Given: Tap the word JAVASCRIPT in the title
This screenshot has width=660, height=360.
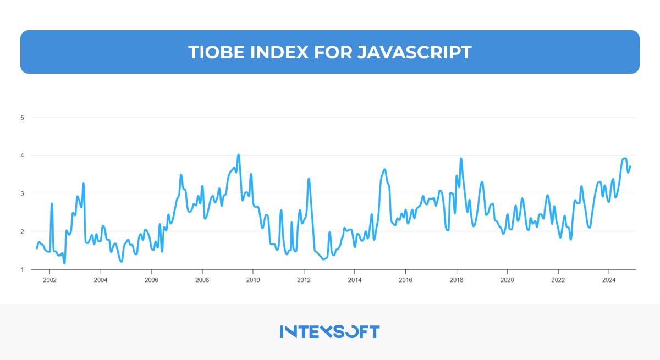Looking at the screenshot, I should pos(414,52).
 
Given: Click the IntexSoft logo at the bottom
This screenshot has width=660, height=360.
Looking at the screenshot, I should pos(329,331).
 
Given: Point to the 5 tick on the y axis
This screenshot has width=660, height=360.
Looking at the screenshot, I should pos(22,118).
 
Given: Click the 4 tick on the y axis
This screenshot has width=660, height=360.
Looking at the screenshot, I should pos(22,156).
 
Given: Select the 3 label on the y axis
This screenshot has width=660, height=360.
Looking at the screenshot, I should pos(22,193).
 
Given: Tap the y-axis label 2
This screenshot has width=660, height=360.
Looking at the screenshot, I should pos(22,231).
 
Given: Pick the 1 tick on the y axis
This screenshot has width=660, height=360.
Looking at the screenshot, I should pos(22,269).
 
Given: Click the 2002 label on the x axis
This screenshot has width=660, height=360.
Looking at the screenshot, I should pos(50,279).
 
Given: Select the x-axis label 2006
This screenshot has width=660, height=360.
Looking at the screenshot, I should pos(151,279).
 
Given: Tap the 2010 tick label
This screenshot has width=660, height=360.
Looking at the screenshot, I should pos(253,279).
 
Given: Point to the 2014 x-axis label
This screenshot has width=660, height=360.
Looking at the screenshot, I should pos(355,279).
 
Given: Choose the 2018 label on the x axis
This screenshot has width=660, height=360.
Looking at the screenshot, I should pos(457,279).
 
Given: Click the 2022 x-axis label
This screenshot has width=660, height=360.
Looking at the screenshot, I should pos(558,279).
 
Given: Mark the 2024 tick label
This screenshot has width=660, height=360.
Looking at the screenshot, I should pos(609,279).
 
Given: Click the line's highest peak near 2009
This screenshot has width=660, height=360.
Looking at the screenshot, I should pos(238,155).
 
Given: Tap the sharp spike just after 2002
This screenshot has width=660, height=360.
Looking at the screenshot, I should pos(52,204).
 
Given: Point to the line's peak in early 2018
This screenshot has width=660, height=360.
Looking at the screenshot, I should pos(461,159).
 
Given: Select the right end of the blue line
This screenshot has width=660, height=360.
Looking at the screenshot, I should pos(630,167).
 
